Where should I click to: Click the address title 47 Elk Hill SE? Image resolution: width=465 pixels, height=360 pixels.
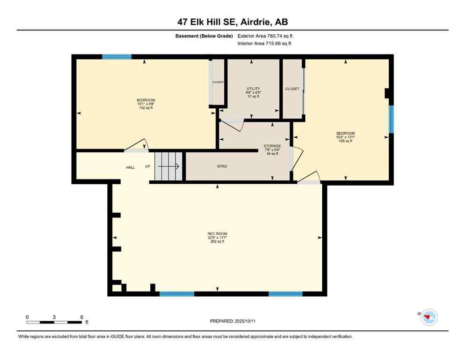[232, 22]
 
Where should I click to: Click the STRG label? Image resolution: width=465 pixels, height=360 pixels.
[222, 166]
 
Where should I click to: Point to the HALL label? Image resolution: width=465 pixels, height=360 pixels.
[130, 167]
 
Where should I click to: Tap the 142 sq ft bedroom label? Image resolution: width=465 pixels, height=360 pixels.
[146, 104]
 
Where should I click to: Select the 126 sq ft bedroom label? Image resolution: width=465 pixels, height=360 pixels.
[346, 136]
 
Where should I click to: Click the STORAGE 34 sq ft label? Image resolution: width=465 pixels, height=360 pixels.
[272, 150]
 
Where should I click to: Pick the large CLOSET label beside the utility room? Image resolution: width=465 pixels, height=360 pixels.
[292, 89]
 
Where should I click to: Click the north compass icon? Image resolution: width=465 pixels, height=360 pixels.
[428, 317]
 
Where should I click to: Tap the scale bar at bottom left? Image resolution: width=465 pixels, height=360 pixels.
[54, 322]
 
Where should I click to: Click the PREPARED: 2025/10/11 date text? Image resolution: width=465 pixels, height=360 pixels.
[232, 321]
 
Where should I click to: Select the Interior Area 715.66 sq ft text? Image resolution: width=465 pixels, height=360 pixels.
[265, 44]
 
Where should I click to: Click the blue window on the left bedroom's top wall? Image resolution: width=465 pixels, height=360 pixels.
[117, 57]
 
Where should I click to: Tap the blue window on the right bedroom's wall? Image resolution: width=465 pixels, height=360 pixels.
[391, 119]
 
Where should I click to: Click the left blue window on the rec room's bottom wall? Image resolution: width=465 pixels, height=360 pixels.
[177, 294]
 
